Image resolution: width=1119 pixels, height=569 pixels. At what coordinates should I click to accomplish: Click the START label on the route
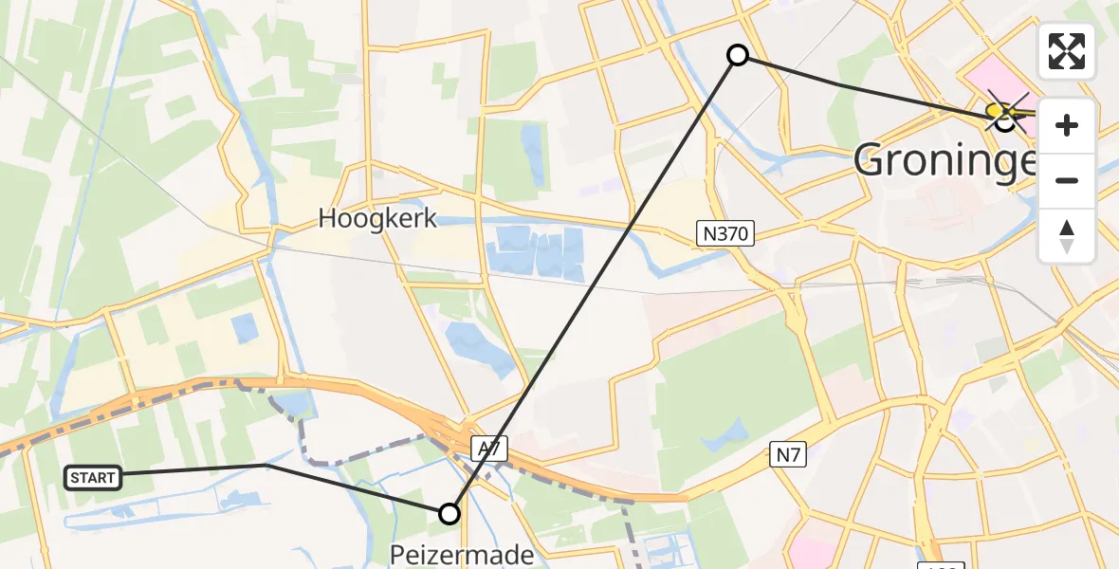(x=94, y=478)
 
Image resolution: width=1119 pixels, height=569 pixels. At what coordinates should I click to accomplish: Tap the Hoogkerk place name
(x=377, y=219)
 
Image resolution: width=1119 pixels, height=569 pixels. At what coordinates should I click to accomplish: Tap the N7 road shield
(x=788, y=455)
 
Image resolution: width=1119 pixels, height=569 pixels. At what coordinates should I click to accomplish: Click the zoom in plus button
(x=1067, y=125)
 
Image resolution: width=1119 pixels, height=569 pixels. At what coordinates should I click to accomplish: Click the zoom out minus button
(x=1067, y=180)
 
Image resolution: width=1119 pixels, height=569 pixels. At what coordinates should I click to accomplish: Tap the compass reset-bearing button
(x=1067, y=235)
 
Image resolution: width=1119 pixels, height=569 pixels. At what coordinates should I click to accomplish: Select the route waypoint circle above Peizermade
(x=449, y=514)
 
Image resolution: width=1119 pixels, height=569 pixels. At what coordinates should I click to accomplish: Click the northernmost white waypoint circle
(x=738, y=55)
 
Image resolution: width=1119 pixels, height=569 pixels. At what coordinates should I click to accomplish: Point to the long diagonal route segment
(x=593, y=284)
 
